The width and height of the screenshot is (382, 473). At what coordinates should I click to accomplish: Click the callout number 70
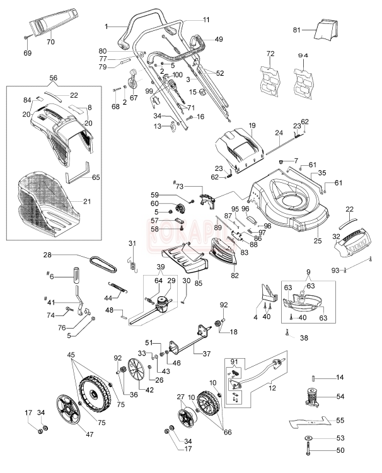click(51, 42)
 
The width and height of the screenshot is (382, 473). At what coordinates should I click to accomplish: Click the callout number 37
click(206, 353)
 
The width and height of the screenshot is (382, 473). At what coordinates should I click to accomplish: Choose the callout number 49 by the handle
click(218, 38)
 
